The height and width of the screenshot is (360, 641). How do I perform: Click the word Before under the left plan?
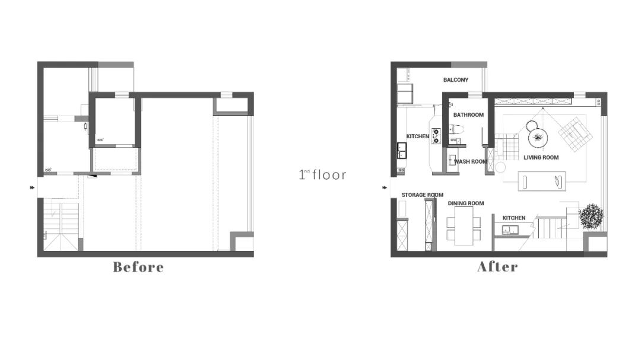(x=138, y=267)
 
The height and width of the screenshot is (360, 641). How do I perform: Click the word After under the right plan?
(x=497, y=267)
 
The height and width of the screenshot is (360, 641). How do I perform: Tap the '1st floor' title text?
(x=322, y=175)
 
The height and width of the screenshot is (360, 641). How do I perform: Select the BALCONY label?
(x=456, y=79)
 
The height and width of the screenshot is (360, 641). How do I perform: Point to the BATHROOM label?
(x=468, y=115)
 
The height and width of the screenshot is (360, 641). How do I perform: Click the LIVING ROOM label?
(x=541, y=157)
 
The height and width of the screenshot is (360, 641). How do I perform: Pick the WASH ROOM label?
(x=471, y=161)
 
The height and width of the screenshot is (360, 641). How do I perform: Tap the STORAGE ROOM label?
(x=423, y=195)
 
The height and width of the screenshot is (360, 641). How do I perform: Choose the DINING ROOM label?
(x=466, y=203)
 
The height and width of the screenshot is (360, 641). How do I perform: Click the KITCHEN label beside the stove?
(x=417, y=136)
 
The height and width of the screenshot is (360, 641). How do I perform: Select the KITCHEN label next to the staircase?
(x=514, y=218)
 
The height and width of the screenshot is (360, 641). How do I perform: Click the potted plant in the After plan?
(x=591, y=216)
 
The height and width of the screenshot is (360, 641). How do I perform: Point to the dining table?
(x=464, y=226)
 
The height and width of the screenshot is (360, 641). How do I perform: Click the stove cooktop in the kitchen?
(x=436, y=136)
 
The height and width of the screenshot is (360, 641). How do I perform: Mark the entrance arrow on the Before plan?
(x=32, y=187)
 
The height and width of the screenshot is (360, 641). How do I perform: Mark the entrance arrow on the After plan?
(x=385, y=187)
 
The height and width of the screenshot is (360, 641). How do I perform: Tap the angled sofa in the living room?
(x=576, y=134)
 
